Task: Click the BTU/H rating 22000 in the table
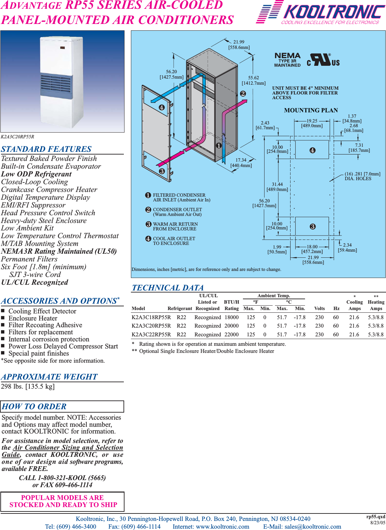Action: [x=231, y=334]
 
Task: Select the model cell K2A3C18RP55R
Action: [x=151, y=317]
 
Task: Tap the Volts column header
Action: [x=319, y=308]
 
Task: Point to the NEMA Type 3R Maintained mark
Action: [x=287, y=60]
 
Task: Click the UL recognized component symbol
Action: [x=323, y=60]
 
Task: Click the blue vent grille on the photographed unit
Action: [x=56, y=84]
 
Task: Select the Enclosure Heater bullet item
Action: [x=33, y=318]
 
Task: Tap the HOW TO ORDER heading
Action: [x=34, y=406]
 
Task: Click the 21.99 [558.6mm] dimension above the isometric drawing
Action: [x=239, y=45]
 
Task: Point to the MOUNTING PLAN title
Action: [x=311, y=110]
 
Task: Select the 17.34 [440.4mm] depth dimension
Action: [x=241, y=163]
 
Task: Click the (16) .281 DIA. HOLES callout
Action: [x=362, y=176]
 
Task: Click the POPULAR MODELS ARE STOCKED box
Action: [x=62, y=501]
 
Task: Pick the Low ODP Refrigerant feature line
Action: [x=36, y=174]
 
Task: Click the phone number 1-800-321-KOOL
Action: [x=62, y=478]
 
